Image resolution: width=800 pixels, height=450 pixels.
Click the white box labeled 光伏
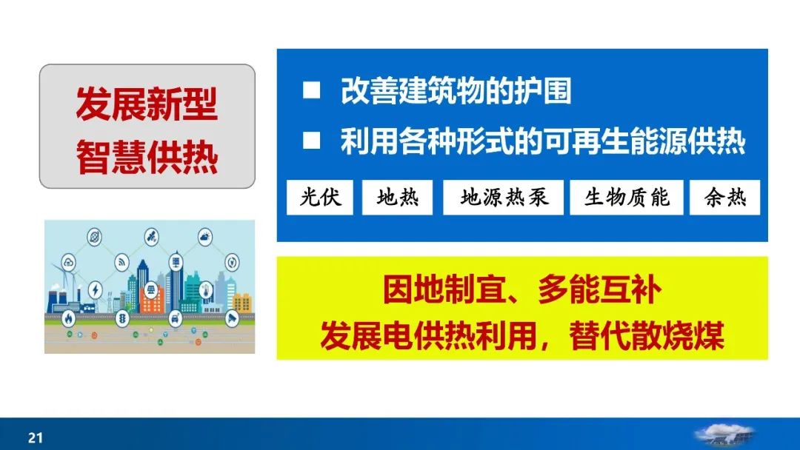(320, 197)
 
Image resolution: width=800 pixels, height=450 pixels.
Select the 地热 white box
(398, 197)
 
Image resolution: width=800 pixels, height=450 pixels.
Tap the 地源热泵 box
(503, 197)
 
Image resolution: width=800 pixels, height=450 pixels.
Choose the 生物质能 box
(627, 197)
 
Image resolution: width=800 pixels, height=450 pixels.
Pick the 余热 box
(724, 197)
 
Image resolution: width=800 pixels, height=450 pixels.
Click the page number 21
(36, 437)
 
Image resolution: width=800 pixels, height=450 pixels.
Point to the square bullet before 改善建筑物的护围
(311, 90)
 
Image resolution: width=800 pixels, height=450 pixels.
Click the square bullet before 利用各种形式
(311, 141)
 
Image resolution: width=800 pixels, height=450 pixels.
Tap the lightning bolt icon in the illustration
(96, 290)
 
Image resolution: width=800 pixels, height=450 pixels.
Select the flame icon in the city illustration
(68, 319)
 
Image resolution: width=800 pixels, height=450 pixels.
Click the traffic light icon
(122, 319)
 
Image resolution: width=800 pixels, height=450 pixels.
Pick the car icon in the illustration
(175, 319)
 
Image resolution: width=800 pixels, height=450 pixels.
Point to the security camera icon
(232, 318)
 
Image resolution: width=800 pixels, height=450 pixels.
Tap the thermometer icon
(206, 290)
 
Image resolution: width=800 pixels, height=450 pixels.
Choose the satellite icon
(152, 236)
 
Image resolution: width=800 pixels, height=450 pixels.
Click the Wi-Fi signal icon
(122, 262)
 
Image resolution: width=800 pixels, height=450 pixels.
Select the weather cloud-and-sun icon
(205, 236)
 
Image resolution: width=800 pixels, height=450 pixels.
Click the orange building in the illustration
(152, 305)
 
